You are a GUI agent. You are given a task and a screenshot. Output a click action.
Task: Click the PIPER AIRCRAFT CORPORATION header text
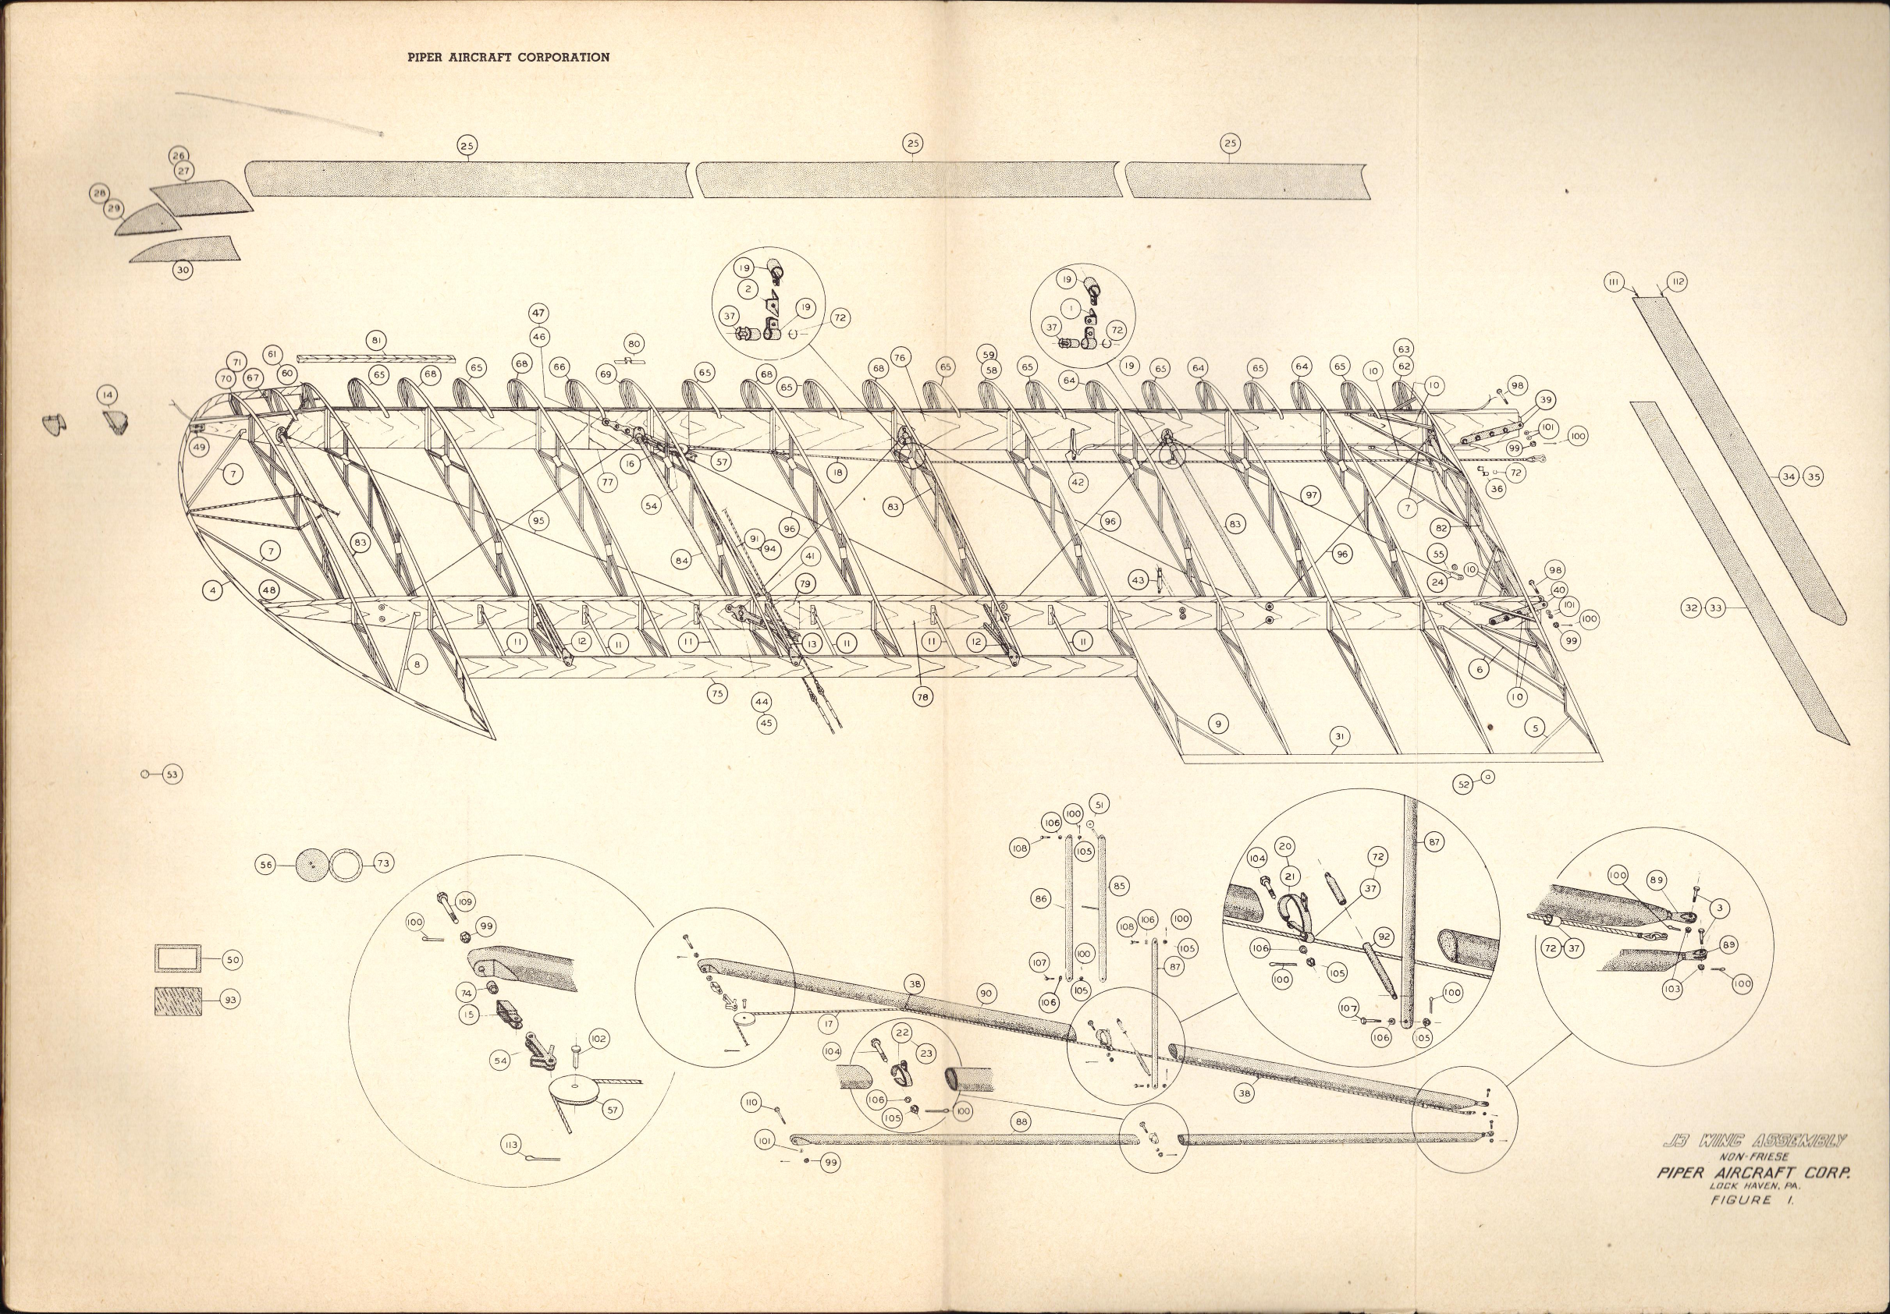[509, 58]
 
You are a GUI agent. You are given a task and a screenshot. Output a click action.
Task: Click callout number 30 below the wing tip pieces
[183, 270]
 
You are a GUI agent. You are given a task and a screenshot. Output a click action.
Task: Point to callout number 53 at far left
[171, 774]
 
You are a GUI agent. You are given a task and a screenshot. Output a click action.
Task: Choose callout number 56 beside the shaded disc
[266, 865]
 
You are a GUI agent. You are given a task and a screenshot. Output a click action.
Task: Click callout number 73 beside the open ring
[383, 863]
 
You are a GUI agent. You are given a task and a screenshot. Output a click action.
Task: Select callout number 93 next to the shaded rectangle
[231, 1000]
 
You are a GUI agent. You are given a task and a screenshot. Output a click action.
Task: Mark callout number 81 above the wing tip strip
[377, 340]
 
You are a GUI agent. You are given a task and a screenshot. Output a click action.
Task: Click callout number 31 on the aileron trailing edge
[1340, 738]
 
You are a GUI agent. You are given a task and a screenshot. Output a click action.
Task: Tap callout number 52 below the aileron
[1464, 785]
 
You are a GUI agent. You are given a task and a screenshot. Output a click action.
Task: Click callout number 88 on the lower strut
[1021, 1121]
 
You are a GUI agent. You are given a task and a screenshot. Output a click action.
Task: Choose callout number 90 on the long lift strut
[986, 995]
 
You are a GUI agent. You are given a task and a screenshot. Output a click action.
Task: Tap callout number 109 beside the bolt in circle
[465, 902]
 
